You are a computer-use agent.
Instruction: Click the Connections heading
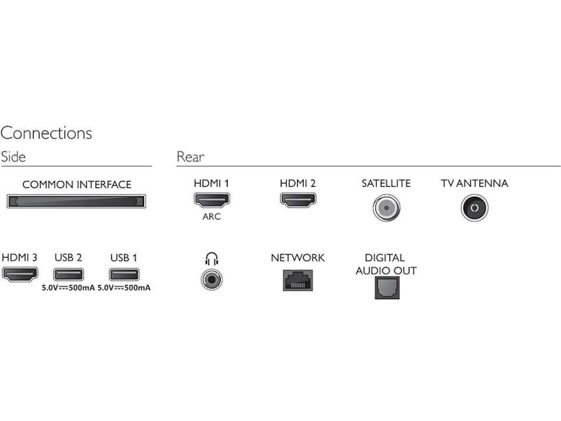coord(46,133)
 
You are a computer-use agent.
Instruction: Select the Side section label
coord(13,157)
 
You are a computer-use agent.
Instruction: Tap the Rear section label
coord(190,157)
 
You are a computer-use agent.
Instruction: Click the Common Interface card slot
coord(76,202)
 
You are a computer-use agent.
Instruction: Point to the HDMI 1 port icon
coord(211,200)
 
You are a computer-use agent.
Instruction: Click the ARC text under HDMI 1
coord(211,217)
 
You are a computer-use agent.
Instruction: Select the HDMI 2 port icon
coord(298,200)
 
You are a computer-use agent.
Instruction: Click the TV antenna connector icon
coord(474,207)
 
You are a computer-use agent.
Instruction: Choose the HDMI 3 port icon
coord(20,274)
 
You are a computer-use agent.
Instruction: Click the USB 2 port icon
coord(68,274)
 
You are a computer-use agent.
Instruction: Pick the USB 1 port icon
coord(124,274)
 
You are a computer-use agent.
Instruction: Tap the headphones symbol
coord(212,258)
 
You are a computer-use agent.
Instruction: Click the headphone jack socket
coord(211,280)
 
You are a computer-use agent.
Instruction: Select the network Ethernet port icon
coord(298,280)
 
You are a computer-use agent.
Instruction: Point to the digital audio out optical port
coord(386,288)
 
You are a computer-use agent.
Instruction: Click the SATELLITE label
coord(386,183)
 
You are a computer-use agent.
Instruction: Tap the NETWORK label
coord(298,258)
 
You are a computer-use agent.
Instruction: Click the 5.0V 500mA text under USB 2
coord(68,288)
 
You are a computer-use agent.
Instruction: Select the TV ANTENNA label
coord(474,183)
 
